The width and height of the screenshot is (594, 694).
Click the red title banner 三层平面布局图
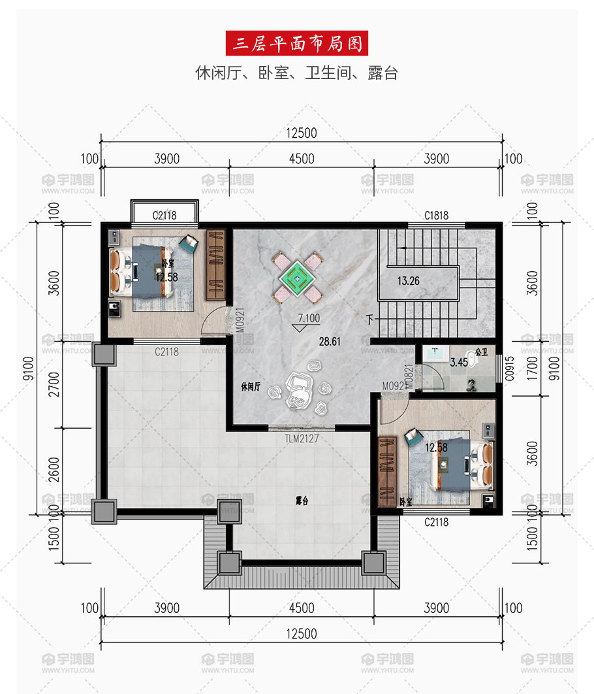pos(296,43)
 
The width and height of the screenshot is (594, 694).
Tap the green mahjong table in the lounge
pos(298,278)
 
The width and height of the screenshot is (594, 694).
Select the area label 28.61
pos(330,341)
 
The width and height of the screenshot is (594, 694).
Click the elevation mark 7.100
pos(309,318)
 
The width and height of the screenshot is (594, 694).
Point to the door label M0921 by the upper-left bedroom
pos(240,320)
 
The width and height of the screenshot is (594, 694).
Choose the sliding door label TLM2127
pos(302,438)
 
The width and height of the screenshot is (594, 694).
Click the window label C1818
pos(436,215)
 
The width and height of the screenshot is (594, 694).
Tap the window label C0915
pos(510,369)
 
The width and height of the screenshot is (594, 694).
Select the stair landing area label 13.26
pos(408,280)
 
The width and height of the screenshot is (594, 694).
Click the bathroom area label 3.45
pos(459,363)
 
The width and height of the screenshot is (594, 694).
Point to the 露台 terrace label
pos(302,501)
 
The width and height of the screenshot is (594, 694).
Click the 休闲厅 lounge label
pos(251,386)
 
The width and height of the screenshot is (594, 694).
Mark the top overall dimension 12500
pos(302,133)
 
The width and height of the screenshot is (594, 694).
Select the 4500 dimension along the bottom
pos(302,608)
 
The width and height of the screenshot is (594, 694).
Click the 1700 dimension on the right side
pos(533,369)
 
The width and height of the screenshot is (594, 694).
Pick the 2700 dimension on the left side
pos(54,384)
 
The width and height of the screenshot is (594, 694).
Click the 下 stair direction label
pos(370,319)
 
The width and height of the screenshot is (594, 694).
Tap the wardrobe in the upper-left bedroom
pos(215,265)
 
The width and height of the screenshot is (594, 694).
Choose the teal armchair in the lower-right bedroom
pos(414,437)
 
